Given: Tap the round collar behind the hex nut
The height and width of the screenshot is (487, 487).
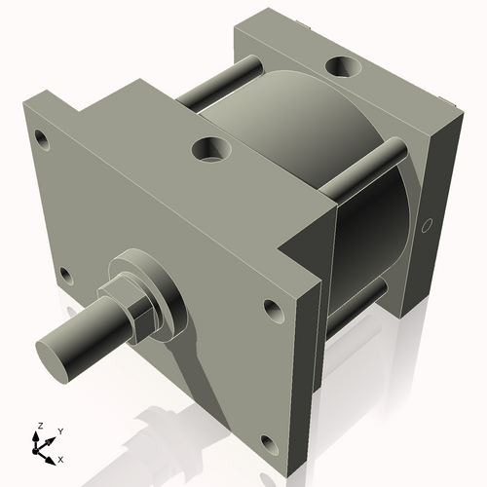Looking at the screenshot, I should [156, 287].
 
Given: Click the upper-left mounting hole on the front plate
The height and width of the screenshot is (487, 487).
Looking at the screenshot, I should [40, 134].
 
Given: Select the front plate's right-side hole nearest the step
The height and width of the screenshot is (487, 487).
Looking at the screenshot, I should [272, 312].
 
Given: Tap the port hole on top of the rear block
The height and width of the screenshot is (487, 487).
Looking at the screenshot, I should [344, 67].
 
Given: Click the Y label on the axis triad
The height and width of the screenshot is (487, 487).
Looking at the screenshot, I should [60, 431].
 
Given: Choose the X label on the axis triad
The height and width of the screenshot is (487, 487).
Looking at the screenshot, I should [61, 458].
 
